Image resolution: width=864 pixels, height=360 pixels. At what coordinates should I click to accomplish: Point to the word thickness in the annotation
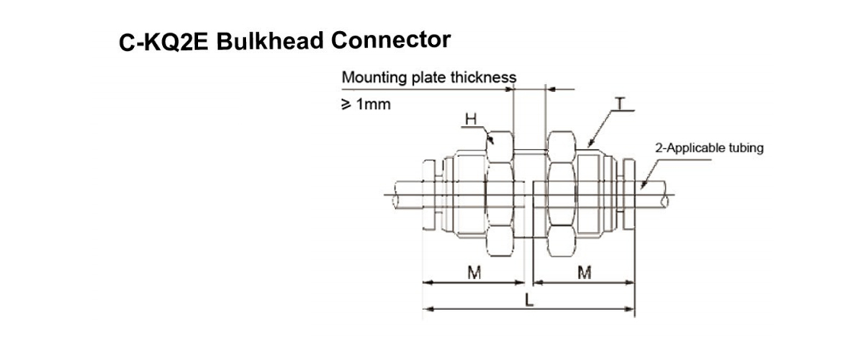pos(485,77)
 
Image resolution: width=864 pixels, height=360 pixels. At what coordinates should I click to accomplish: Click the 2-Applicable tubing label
pos(708,149)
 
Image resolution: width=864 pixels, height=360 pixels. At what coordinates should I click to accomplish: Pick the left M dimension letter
pos(474,272)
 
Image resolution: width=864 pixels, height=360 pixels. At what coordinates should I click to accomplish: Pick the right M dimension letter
pos(585,272)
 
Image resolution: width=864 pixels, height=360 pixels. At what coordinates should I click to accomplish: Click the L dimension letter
pos(529,302)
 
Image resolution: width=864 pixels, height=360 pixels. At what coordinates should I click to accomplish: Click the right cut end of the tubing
pos(668,195)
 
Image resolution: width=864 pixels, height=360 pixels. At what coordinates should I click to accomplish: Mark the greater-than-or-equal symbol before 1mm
pos(347,104)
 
